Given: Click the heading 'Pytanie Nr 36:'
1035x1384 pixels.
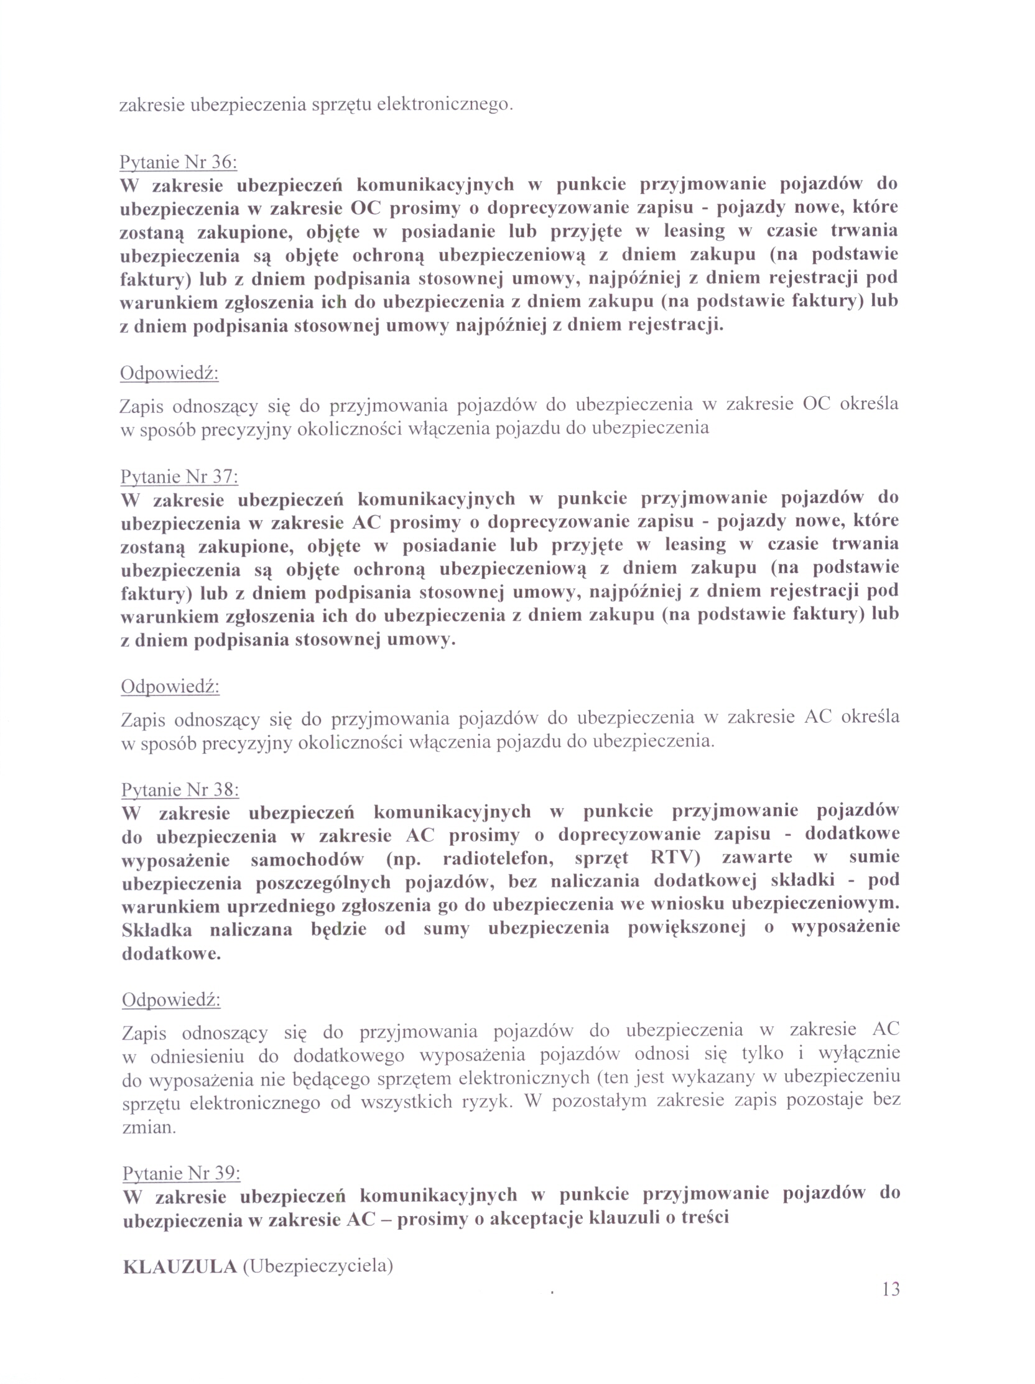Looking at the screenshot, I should click(x=178, y=162).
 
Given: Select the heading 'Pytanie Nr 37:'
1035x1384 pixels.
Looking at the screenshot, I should click(x=179, y=476).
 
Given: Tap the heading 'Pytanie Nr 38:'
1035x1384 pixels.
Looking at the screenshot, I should click(x=180, y=789).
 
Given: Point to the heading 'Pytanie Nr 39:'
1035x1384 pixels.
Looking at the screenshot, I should click(x=182, y=1172).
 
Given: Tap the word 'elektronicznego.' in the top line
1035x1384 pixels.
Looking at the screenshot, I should click(x=445, y=104).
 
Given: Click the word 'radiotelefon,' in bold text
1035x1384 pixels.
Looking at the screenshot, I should click(x=498, y=858).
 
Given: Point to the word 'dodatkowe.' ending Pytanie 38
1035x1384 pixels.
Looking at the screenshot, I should click(x=172, y=954).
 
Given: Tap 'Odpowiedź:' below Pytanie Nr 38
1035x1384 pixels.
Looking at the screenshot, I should click(x=171, y=1000).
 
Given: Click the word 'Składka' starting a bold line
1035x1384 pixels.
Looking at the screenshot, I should click(x=157, y=930).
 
